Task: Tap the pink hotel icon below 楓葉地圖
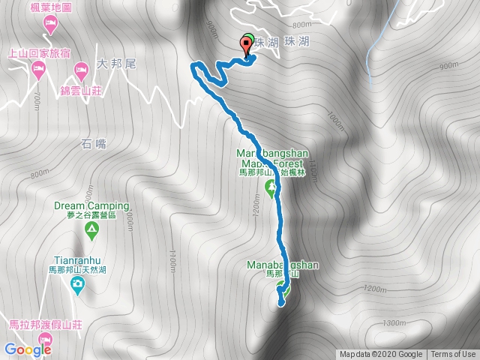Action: pos(50,25)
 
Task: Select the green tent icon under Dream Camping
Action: pos(91,233)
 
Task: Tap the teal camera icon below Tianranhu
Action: pos(77,283)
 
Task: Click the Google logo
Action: pos(28,348)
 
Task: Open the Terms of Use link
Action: pos(453,355)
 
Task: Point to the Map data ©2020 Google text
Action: pos(382,355)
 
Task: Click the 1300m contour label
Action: pos(394,322)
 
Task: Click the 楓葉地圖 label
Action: pos(51,8)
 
